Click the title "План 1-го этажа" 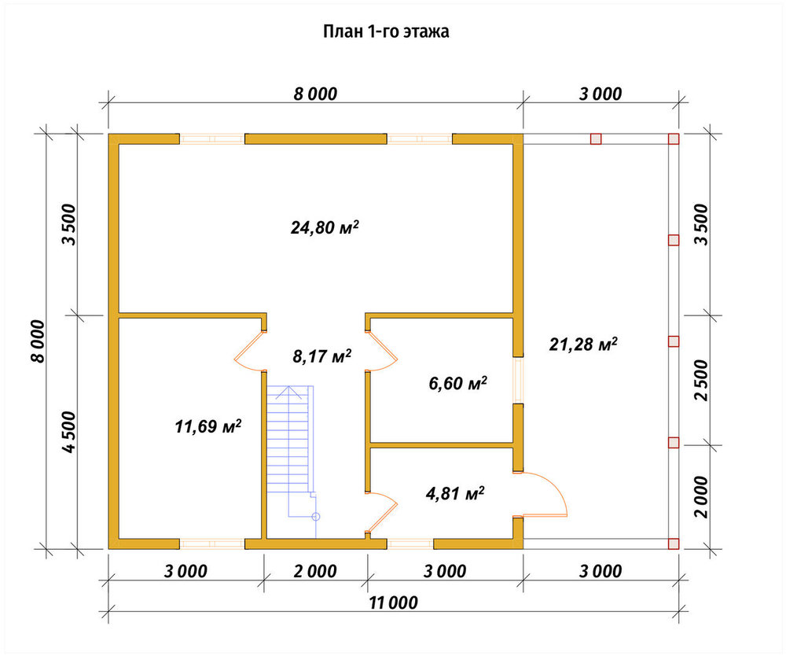[x=385, y=31]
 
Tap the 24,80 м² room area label [x=325, y=227]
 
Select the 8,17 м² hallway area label [x=321, y=356]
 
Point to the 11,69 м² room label [x=208, y=426]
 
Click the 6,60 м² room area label [x=457, y=383]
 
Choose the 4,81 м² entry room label [x=454, y=493]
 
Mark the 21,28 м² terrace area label [x=583, y=344]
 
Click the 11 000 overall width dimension [x=393, y=603]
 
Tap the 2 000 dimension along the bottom [x=315, y=571]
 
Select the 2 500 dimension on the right [x=702, y=380]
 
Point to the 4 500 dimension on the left [x=69, y=432]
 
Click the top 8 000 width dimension [x=315, y=94]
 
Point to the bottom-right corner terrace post [x=674, y=544]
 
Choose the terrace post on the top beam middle [x=596, y=139]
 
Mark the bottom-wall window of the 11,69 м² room [x=212, y=544]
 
